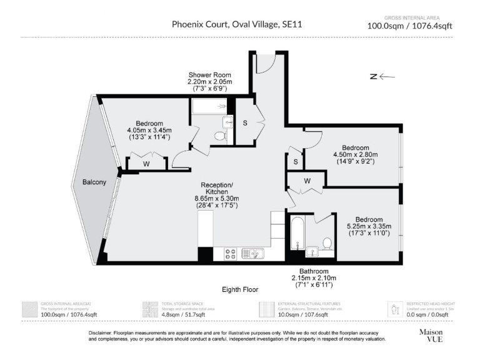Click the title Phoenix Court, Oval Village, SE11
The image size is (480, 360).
(x=241, y=25)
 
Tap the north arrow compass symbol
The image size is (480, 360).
(x=382, y=77)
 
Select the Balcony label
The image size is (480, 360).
(x=94, y=182)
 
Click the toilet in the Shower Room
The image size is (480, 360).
(x=220, y=135)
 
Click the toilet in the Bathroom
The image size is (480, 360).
(x=327, y=242)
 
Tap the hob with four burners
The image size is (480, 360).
(x=229, y=253)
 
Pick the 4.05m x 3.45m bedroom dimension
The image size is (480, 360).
(x=149, y=130)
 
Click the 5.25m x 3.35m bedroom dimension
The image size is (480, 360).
(x=369, y=226)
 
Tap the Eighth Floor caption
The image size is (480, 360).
(x=240, y=289)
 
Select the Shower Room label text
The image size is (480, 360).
(x=210, y=75)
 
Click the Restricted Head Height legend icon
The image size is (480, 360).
(x=395, y=309)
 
